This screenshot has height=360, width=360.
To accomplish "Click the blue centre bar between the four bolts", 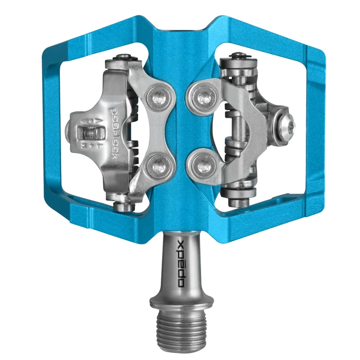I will (x=180, y=130).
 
